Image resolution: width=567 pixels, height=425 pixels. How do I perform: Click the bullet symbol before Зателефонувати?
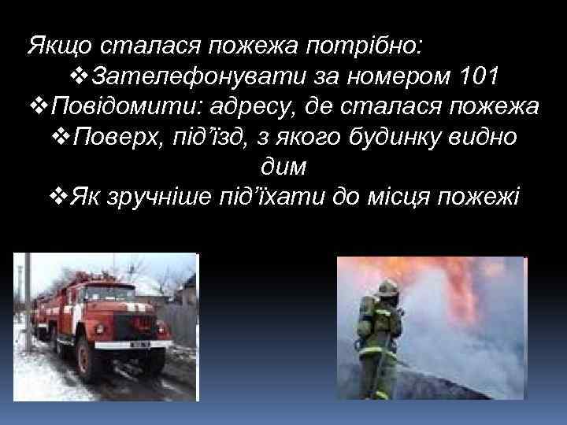click(x=78, y=77)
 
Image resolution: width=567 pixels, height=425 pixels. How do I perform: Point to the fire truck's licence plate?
click(x=140, y=345)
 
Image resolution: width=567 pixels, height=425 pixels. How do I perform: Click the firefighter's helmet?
click(x=385, y=288)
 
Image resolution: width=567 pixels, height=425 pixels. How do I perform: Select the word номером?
click(x=398, y=77)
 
